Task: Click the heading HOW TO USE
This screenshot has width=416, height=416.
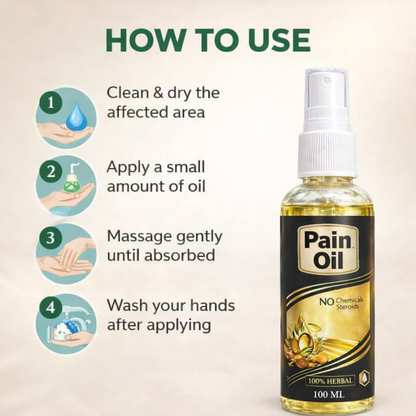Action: [208, 40]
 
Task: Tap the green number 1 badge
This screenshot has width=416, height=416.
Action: [44, 101]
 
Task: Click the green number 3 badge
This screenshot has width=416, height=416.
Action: [44, 240]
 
